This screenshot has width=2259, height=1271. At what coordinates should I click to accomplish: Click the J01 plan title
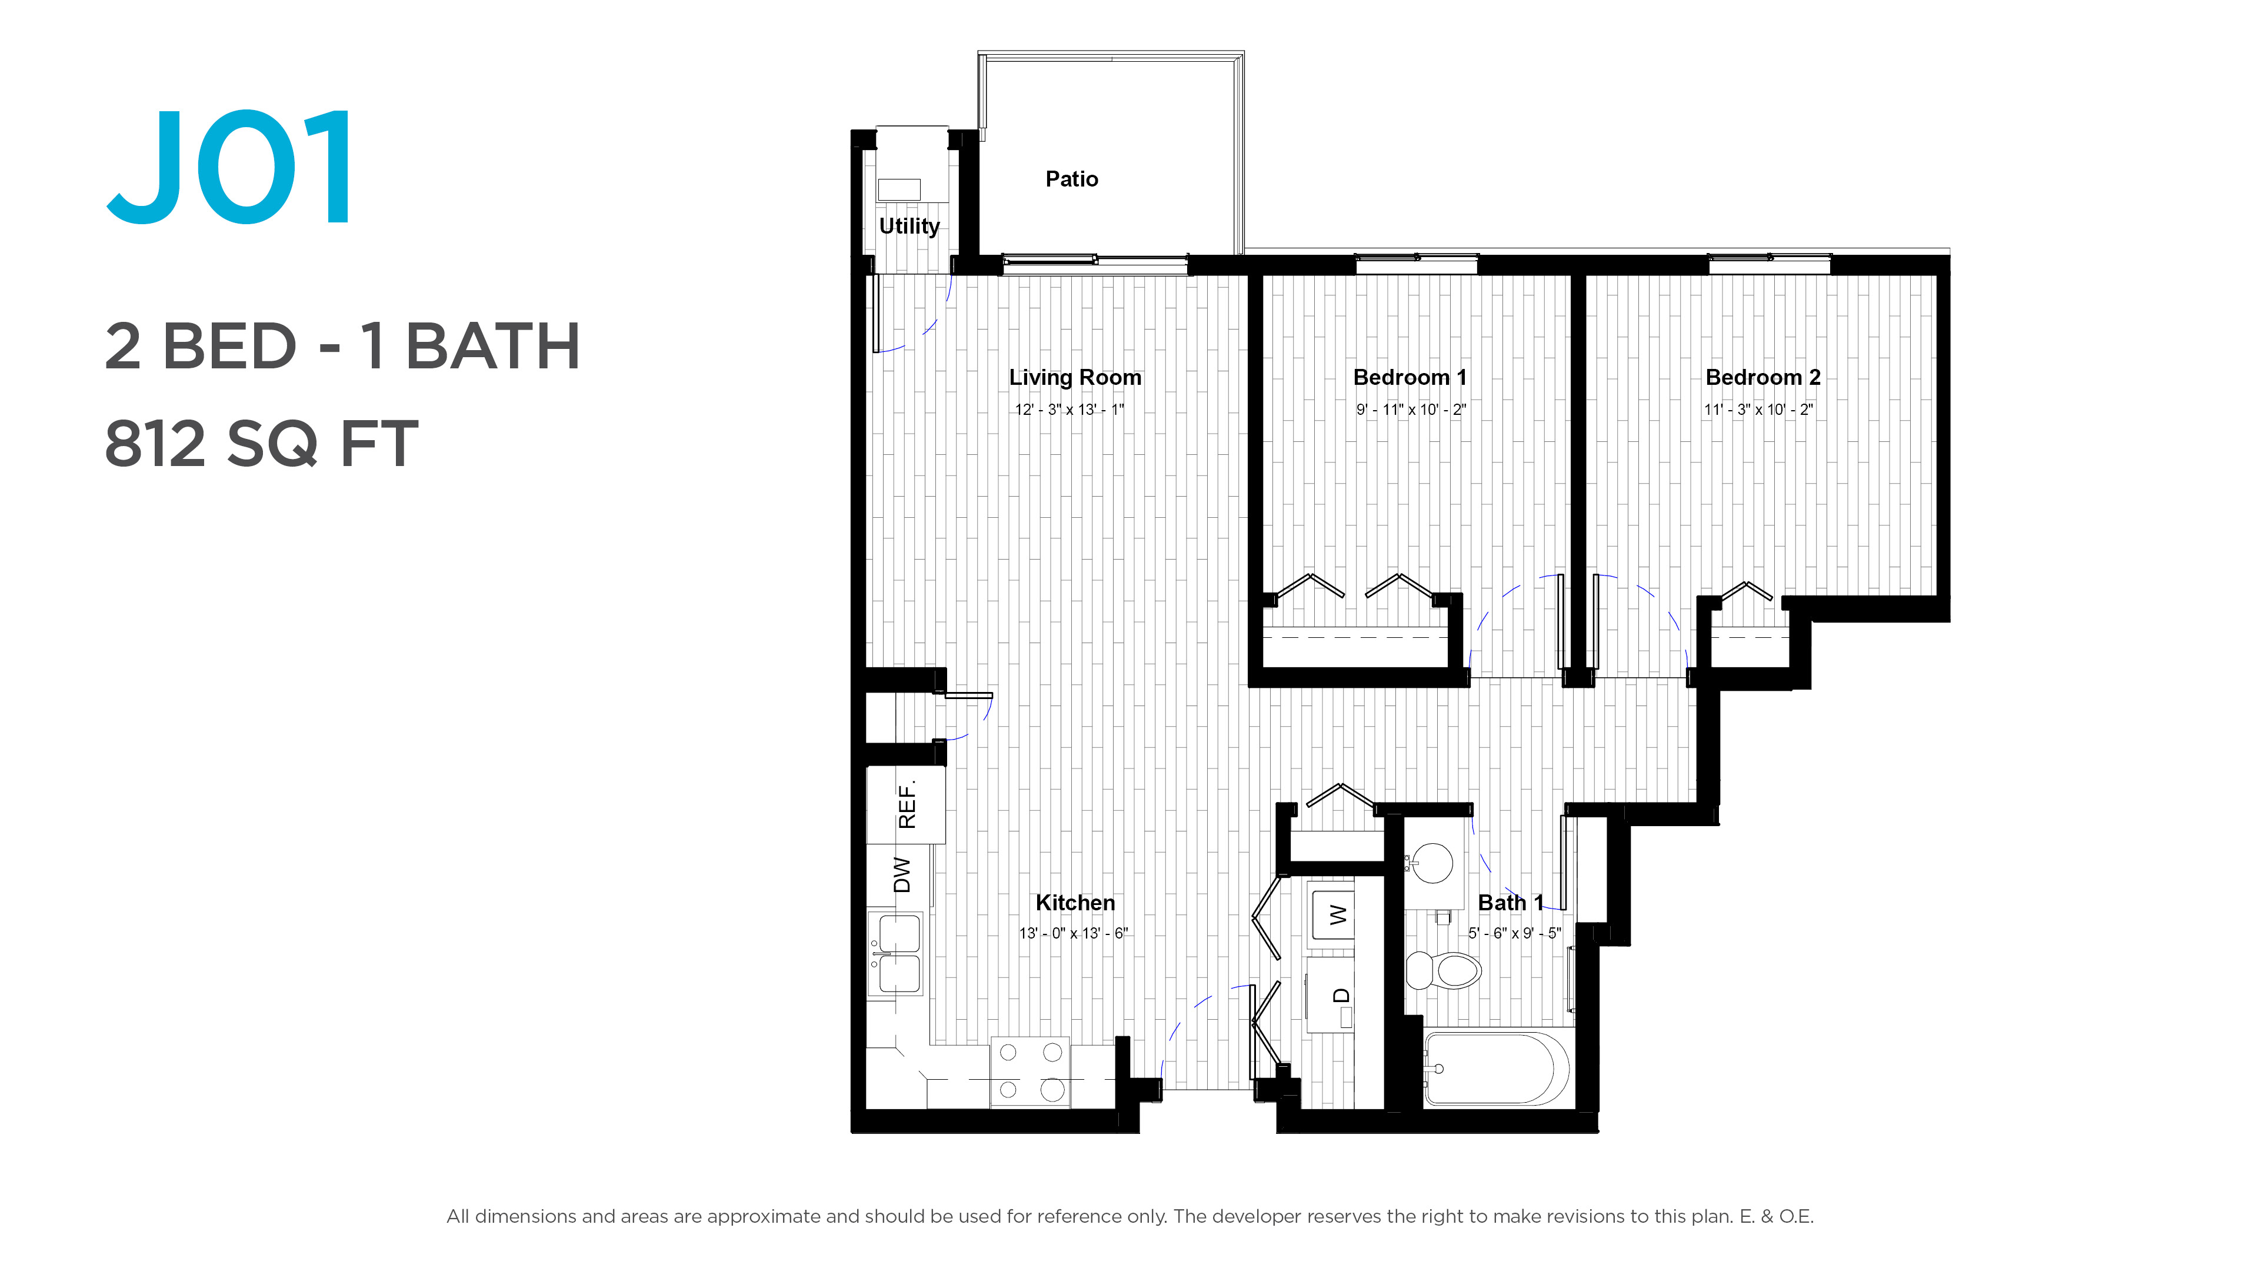(x=231, y=167)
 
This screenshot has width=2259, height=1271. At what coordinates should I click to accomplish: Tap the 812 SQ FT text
(x=261, y=444)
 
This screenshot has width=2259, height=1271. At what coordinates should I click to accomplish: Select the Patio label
(x=1072, y=179)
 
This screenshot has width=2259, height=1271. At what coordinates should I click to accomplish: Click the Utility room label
(x=909, y=227)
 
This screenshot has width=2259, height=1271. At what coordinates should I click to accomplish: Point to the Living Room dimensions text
(x=1069, y=410)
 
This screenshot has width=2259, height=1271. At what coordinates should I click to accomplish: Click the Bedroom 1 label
(x=1410, y=377)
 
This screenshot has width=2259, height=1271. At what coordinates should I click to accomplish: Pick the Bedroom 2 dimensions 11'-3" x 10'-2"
(x=1758, y=410)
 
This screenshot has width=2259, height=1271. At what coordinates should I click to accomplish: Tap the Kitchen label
(x=1075, y=903)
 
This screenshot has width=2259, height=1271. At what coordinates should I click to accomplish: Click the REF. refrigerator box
(x=906, y=804)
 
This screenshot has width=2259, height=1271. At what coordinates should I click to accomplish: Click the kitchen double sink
(x=896, y=953)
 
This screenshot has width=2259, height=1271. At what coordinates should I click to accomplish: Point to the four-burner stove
(x=1031, y=1072)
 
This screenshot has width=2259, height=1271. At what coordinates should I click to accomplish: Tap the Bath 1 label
(x=1511, y=903)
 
